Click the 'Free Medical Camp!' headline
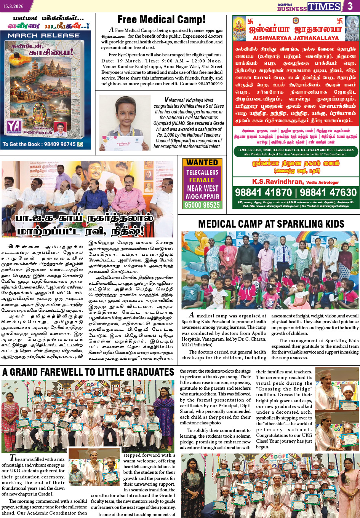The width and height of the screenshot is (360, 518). point(161,20)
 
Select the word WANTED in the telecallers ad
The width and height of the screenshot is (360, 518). point(202,163)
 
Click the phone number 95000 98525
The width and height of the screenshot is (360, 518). point(202,205)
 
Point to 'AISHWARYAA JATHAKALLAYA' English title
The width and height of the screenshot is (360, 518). point(296,38)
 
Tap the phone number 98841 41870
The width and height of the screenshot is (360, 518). point(263,192)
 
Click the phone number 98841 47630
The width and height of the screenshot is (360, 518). point(328,192)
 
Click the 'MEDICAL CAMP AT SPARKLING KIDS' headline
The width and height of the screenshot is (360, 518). point(271,224)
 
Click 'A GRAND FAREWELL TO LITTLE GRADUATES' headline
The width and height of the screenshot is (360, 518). point(88,372)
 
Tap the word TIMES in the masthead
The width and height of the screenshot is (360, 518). point(324,6)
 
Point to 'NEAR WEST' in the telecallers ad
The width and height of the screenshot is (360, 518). point(202,188)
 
